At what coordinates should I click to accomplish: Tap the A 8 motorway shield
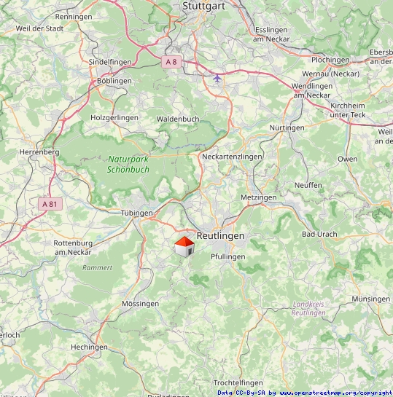tap(171, 63)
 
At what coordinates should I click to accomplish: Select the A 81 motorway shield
tap(50, 204)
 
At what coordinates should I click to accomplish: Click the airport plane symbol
tap(217, 78)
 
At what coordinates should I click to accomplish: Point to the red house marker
tap(184, 246)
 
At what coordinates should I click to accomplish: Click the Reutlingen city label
tap(220, 236)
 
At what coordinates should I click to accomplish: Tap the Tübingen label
tap(136, 213)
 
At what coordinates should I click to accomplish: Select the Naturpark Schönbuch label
tap(128, 164)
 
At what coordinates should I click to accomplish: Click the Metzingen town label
tap(258, 198)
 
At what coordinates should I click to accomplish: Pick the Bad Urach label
tap(320, 235)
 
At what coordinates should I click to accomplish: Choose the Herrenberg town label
tap(39, 152)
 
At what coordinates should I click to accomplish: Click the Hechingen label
tap(90, 347)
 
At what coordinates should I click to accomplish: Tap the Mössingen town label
tap(140, 303)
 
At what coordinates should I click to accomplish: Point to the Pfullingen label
tap(228, 257)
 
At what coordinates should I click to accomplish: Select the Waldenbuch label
tap(178, 118)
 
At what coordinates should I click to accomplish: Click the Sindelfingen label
tap(111, 63)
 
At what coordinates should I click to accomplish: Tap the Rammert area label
tap(98, 267)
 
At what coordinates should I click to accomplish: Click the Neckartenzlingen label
tap(232, 157)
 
